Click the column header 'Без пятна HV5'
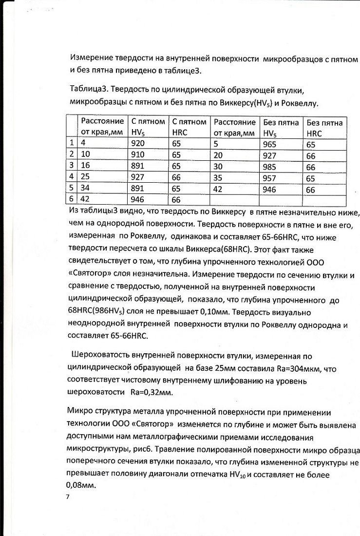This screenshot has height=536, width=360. (x=281, y=127)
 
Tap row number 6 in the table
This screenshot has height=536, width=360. (x=72, y=199)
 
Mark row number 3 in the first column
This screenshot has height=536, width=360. (x=72, y=166)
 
